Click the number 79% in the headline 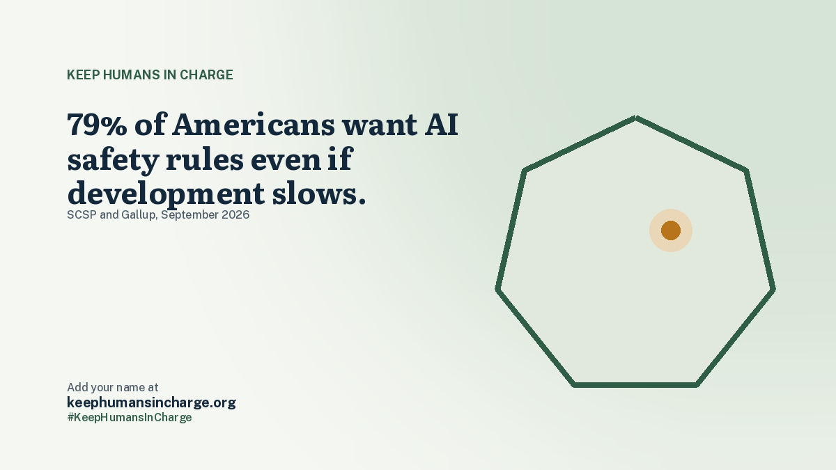coord(97,124)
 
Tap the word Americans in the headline coord(254,124)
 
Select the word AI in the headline coord(442,124)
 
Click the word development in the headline coord(166,194)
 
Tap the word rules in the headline coord(205,159)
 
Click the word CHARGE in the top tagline coord(206,75)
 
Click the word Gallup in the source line coord(139,215)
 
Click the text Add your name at coord(113,388)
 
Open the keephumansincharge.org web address coord(152,403)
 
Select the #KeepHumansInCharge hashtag coord(130,417)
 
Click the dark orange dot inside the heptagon coord(671,230)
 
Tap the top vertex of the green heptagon coord(635,118)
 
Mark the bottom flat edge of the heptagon coord(635,385)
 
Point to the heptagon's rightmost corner coord(774,289)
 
